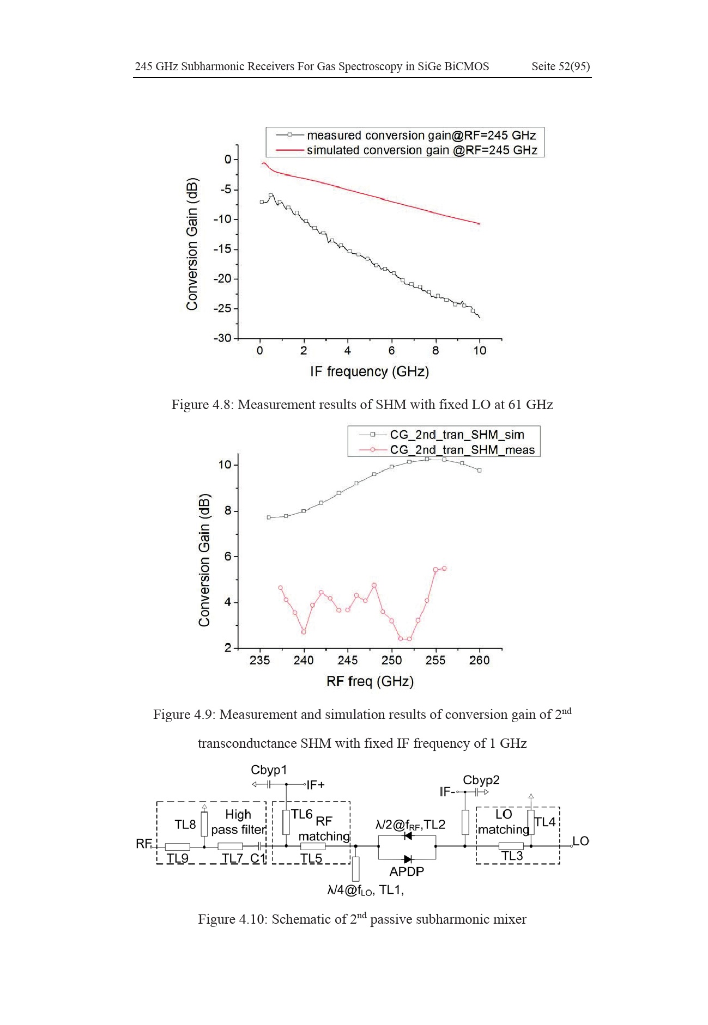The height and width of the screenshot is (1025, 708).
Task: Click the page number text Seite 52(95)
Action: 560,66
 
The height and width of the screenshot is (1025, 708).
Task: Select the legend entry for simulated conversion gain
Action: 407,150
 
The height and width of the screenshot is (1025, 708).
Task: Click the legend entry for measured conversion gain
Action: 406,135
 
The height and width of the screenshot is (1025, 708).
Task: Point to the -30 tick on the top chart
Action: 222,338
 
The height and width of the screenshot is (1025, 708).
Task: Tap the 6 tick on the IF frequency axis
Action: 391,351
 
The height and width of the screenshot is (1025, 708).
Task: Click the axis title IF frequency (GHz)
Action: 370,371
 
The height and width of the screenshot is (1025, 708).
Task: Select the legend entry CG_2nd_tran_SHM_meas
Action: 447,450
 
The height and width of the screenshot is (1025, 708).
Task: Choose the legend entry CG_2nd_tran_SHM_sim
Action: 442,435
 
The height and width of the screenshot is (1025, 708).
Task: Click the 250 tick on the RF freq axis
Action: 391,660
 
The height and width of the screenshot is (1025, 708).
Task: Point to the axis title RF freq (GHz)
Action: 370,681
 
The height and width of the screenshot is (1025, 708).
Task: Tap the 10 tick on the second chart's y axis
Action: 225,465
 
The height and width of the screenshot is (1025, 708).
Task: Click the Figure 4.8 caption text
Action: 362,405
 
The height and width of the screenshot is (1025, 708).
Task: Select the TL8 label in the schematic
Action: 185,825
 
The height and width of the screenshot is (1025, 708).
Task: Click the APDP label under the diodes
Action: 407,871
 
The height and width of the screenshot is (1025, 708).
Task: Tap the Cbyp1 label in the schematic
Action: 269,770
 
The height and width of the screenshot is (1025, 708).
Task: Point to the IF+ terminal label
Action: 315,785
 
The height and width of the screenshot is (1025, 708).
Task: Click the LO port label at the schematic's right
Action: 580,841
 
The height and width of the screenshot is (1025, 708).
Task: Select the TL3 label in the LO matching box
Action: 512,856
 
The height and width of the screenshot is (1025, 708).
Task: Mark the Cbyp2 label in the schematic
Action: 481,780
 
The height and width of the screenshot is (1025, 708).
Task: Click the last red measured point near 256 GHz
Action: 444,568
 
